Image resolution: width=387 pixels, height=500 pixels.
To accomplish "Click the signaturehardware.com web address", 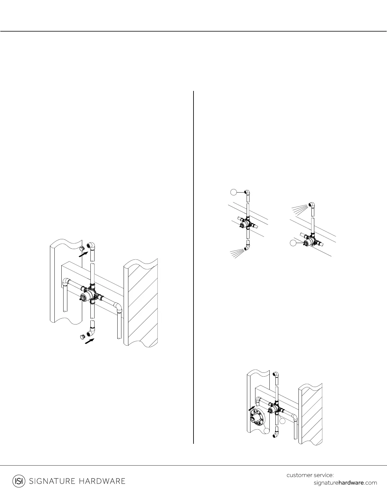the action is point(345,483).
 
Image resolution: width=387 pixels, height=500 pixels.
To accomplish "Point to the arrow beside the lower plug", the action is point(90,341).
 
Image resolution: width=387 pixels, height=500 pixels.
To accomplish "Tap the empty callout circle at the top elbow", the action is point(233,192).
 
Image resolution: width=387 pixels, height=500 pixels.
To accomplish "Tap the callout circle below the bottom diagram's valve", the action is point(283,421).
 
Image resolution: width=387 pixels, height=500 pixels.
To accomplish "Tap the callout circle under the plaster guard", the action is point(267,430).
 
